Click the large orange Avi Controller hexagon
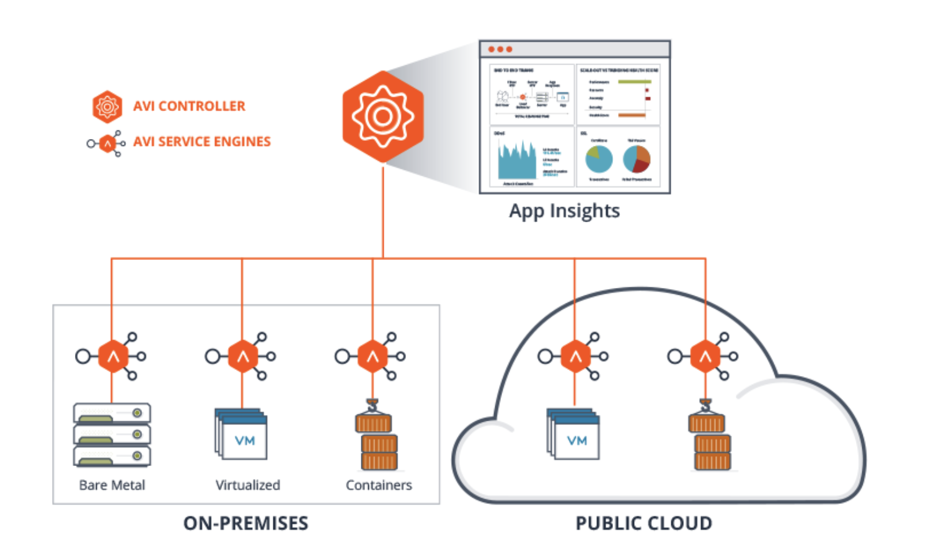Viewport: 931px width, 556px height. coord(383,117)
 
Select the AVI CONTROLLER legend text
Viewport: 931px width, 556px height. coord(189,106)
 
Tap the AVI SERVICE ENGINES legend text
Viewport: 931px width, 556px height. coord(201,141)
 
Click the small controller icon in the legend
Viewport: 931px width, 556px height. coord(107,106)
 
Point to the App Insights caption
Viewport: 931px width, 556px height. coord(564,211)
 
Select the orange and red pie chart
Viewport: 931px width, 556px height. coord(637,159)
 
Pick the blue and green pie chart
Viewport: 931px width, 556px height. coord(599,159)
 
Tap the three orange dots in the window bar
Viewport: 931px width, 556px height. coord(500,49)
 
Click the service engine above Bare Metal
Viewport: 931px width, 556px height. coord(113,356)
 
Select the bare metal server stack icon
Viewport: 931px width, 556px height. coord(112,434)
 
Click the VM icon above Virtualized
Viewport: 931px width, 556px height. coord(242,434)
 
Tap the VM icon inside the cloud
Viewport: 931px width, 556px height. coord(574,434)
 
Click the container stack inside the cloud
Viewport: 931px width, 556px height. coord(710,437)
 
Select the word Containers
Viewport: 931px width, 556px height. coord(379,485)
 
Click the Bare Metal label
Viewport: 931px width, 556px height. coord(112,485)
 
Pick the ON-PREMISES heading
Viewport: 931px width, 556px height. coord(245,523)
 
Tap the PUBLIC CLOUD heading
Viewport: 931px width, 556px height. coord(643,523)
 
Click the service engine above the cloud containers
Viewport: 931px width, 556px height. coord(705,356)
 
